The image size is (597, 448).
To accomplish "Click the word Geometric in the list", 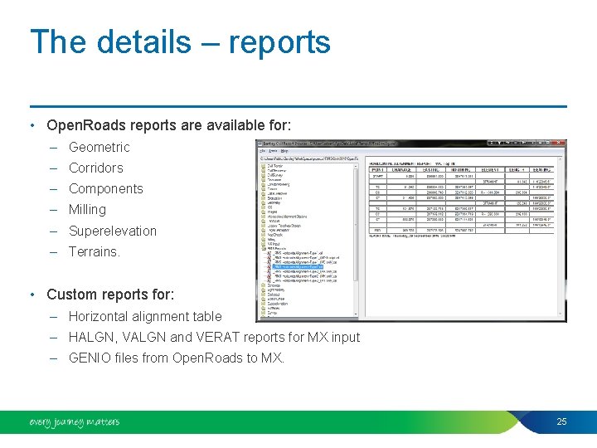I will [x=99, y=147].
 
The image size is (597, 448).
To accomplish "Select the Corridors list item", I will [x=95, y=168].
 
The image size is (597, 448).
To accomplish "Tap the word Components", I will [x=105, y=188].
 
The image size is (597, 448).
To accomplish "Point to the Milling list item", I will [x=87, y=209].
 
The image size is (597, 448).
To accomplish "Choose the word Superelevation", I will [x=112, y=231].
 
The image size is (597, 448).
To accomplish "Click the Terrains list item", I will [x=94, y=251].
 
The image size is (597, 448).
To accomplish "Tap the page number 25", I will [x=561, y=422].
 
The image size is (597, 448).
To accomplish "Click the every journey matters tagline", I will [x=74, y=422].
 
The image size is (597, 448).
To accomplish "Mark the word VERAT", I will [x=218, y=337].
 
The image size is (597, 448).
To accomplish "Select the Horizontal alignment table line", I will [x=145, y=316].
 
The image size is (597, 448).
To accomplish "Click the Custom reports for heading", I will [x=109, y=295].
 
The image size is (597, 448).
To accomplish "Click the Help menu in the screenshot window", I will [x=284, y=152].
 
